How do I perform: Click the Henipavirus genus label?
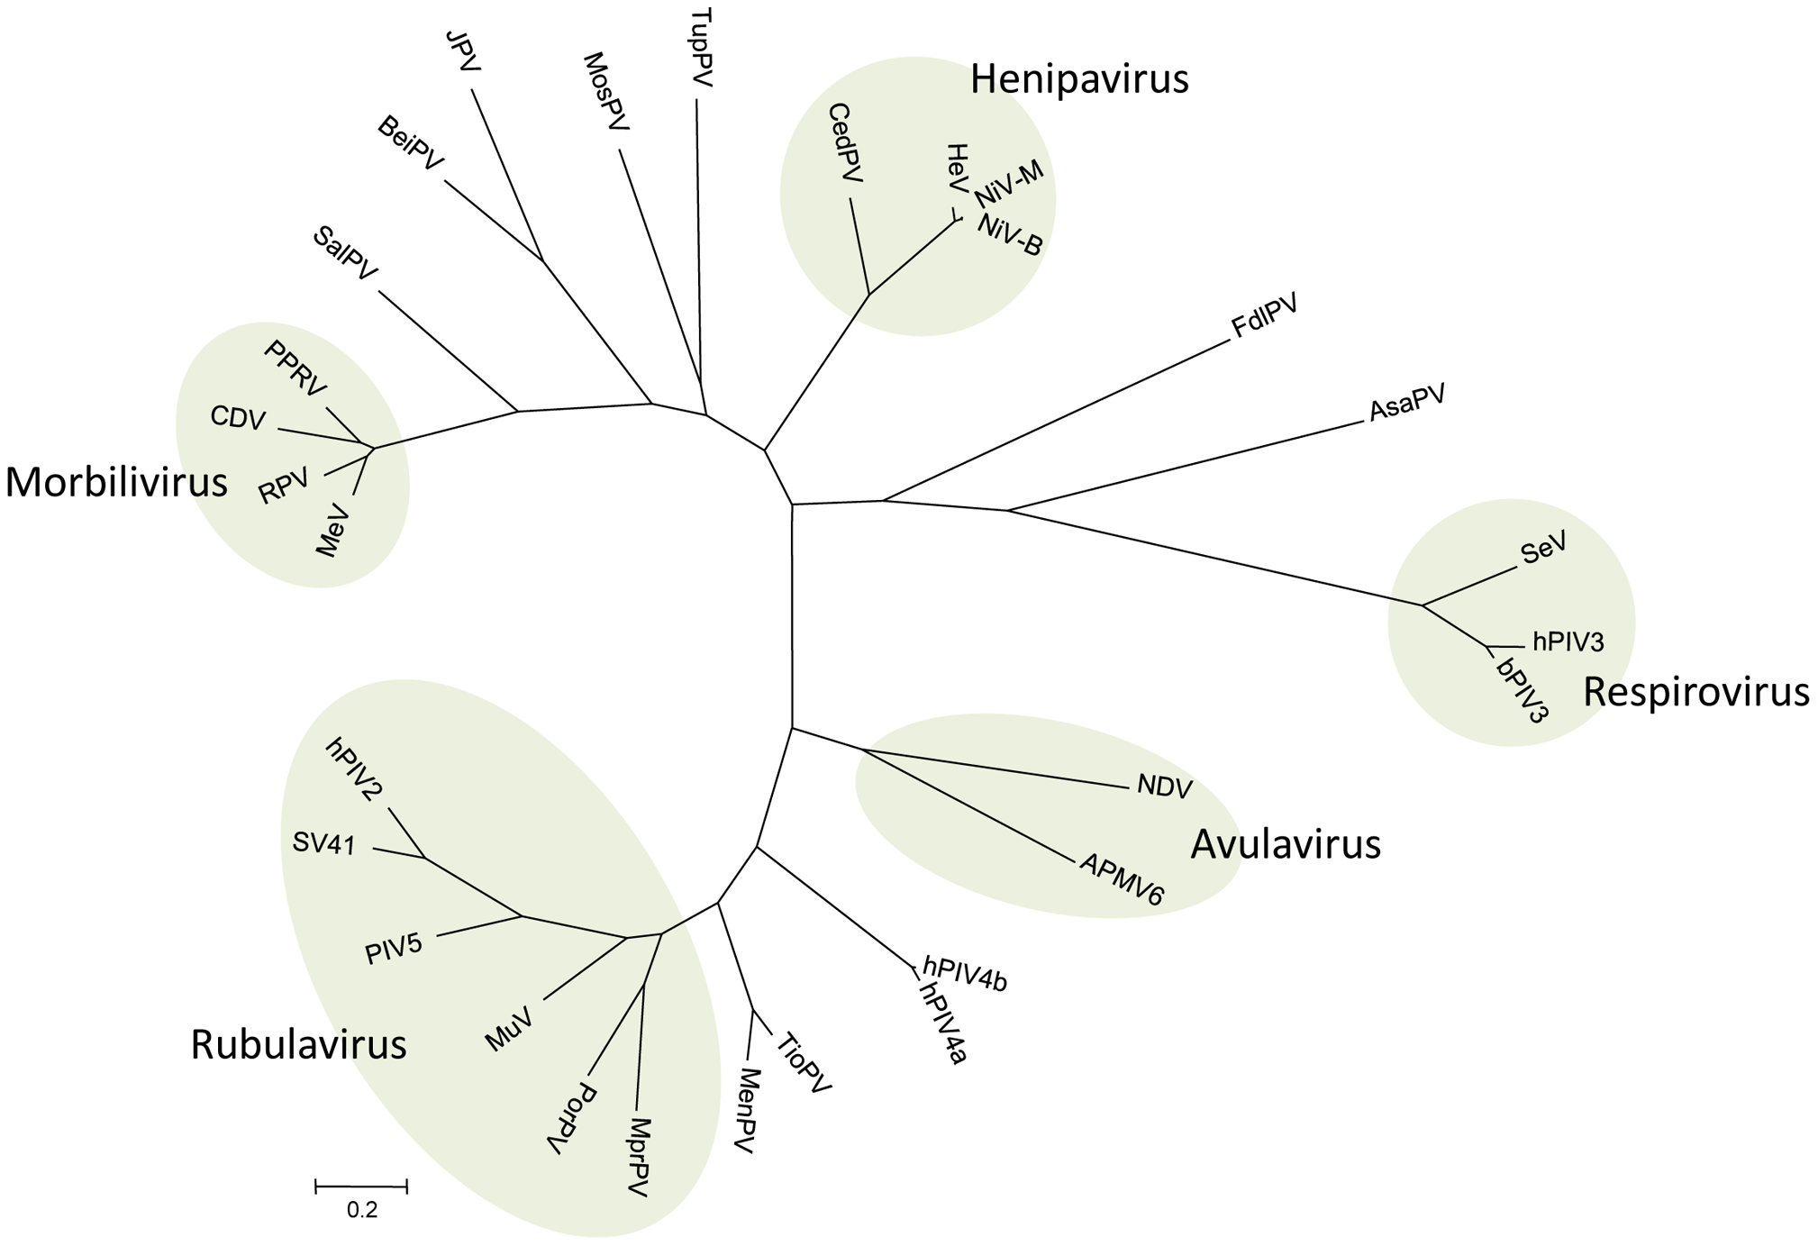coord(1079,79)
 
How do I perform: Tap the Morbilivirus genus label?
coord(116,482)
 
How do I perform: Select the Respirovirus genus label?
coord(1696,692)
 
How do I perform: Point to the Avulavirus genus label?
coord(1286,844)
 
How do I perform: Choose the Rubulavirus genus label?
coord(298,1045)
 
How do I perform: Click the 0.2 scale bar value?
coord(362,1210)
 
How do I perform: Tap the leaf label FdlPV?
coord(1265,316)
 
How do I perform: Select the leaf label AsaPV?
coord(1407,402)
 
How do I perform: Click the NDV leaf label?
coord(1165,787)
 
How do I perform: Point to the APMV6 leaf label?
coord(1123,878)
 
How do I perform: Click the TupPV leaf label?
coord(701,48)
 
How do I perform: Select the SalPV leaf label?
coord(345,253)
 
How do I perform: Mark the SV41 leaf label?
coord(324,843)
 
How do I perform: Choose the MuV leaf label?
coord(509,1029)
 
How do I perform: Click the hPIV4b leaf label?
coord(965,975)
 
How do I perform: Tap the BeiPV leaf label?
coord(411,142)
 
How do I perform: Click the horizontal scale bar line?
coord(361,1187)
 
